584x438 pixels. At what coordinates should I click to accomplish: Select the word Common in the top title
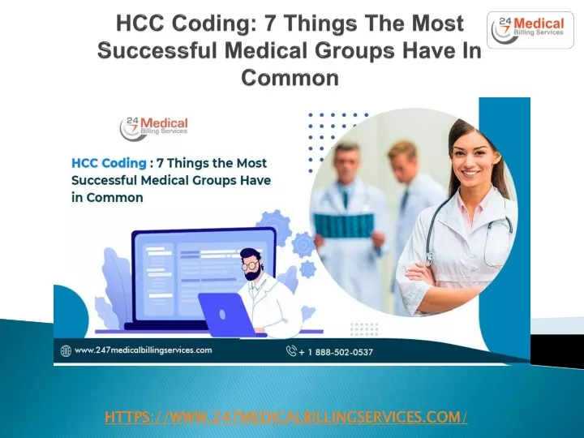click(290, 78)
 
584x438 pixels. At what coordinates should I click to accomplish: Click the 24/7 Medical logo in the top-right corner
click(530, 30)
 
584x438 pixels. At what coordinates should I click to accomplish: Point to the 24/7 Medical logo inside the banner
click(153, 128)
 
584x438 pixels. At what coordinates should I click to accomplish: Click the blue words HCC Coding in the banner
click(109, 163)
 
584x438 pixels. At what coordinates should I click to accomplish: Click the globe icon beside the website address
click(66, 351)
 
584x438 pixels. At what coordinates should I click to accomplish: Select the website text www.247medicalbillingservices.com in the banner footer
click(144, 350)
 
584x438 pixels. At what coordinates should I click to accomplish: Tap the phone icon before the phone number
click(291, 351)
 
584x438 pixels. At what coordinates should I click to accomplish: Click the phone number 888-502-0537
click(344, 352)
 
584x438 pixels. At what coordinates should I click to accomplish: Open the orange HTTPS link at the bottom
click(286, 417)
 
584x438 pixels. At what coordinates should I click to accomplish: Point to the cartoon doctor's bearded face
click(251, 266)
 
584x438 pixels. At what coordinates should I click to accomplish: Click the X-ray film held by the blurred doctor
click(343, 225)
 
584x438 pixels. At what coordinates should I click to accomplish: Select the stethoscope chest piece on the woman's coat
click(430, 258)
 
